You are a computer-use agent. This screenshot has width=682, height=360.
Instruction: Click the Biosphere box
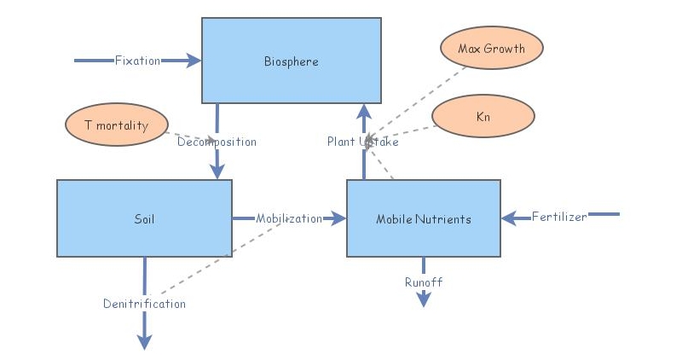click(x=291, y=61)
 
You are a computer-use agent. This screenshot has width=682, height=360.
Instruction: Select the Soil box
click(x=144, y=218)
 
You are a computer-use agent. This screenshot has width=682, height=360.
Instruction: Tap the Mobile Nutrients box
click(x=423, y=218)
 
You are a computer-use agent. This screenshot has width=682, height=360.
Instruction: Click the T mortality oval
click(x=115, y=125)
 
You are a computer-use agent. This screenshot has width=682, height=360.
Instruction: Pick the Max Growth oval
click(x=491, y=49)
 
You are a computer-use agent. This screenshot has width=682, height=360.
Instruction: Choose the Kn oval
click(x=483, y=115)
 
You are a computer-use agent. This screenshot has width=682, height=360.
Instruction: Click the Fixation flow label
click(x=137, y=61)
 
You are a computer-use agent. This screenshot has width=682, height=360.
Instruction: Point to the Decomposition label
click(x=217, y=142)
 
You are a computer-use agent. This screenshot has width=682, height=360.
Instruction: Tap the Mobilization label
click(x=289, y=218)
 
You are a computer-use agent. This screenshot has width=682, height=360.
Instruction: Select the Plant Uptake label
click(x=362, y=142)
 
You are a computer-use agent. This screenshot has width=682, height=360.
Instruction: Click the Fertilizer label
click(x=559, y=217)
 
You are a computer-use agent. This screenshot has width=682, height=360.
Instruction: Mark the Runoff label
click(x=424, y=282)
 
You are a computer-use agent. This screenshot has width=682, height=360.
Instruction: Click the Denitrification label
click(x=144, y=304)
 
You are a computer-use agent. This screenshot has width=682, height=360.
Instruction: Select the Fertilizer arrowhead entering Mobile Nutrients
click(x=510, y=218)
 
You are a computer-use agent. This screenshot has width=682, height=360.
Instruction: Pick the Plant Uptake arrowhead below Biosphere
click(x=364, y=111)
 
